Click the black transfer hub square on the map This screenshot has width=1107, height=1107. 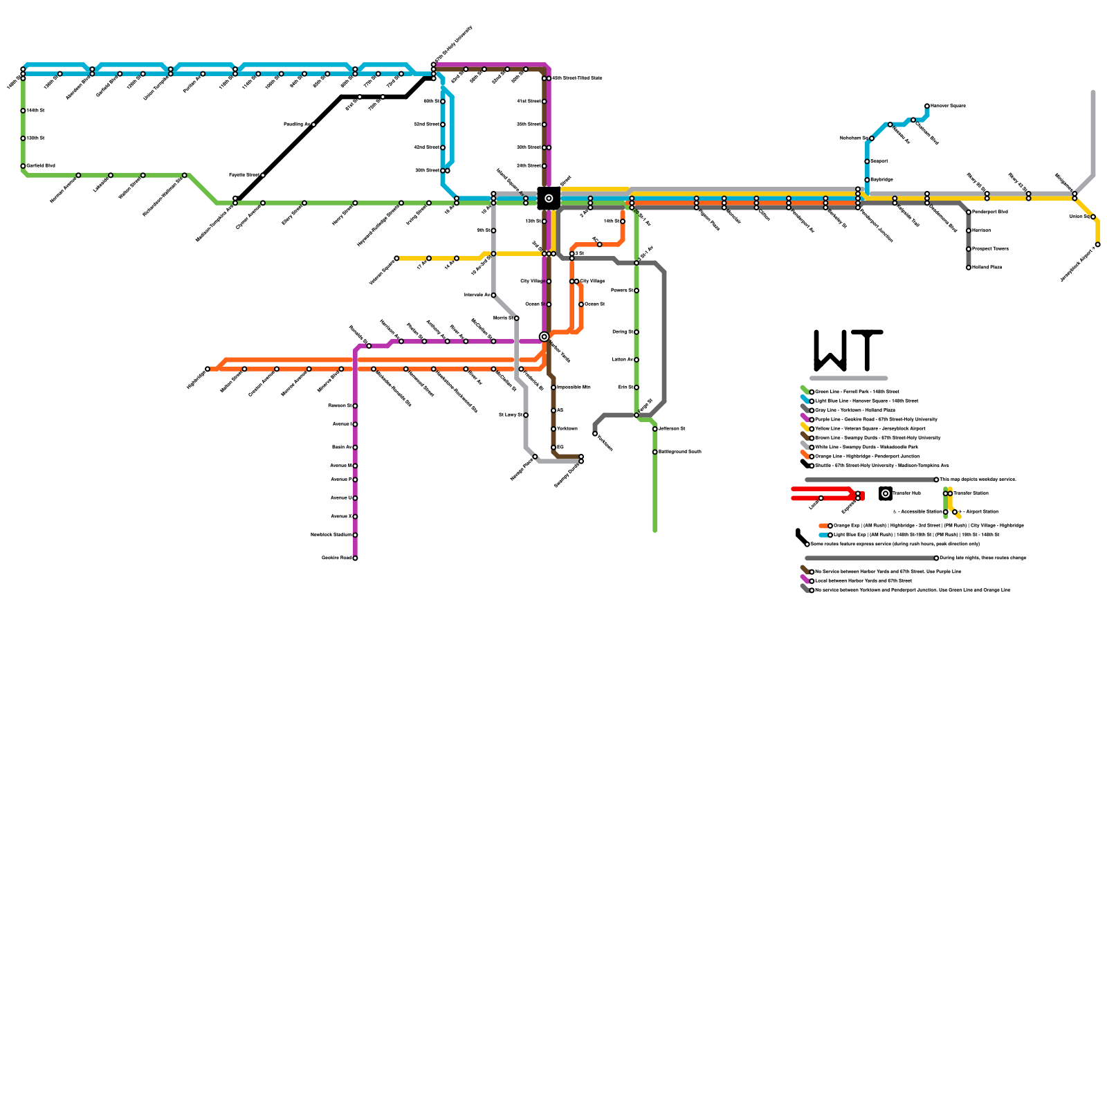pos(549,199)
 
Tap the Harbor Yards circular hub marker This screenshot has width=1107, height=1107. pos(545,337)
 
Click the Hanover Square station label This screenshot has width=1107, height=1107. pos(948,106)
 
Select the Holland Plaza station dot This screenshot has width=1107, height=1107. pos(969,268)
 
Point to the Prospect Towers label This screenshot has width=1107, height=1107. pos(990,248)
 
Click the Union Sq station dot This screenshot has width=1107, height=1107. pos(1093,217)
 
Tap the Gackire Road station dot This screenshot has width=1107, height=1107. pos(355,558)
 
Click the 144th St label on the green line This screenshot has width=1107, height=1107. pos(36,111)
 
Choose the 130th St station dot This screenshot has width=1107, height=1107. pos(23,138)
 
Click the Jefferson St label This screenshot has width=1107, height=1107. pos(672,429)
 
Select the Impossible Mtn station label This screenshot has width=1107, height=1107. pos(574,387)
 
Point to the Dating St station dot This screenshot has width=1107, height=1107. pos(637,332)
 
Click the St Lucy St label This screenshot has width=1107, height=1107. pos(510,415)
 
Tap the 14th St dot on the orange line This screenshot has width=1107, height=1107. pos(623,221)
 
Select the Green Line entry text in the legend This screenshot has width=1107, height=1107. pos(857,392)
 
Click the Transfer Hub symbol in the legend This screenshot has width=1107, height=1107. pos(886,493)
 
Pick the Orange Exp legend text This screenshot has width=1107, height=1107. pos(928,526)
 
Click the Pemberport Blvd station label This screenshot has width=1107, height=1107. pos(990,212)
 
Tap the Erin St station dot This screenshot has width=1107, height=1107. pos(637,387)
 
